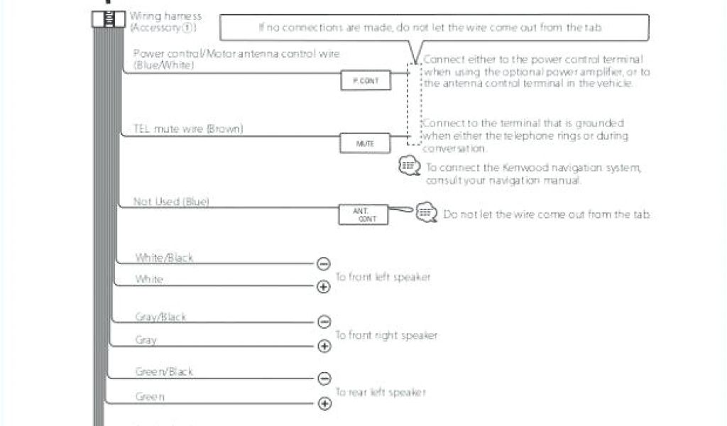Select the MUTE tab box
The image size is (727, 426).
[x=365, y=143]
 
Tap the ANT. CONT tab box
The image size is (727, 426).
[x=367, y=214]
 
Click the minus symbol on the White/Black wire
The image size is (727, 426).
[x=324, y=264]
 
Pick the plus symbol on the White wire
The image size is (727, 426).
[x=324, y=287]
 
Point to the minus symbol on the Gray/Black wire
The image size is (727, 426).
[x=324, y=322]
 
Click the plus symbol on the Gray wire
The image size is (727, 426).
[x=324, y=346]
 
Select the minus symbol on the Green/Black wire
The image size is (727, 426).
[x=324, y=378]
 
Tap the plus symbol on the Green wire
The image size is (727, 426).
[x=324, y=404]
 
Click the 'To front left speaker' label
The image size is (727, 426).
[x=382, y=277]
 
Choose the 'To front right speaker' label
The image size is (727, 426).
[x=386, y=335]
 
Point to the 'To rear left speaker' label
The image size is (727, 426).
[x=380, y=392]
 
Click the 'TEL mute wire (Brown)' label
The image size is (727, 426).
[x=188, y=129]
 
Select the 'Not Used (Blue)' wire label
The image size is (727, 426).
[x=171, y=202]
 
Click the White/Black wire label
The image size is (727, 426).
[x=164, y=258]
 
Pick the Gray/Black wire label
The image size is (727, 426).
[x=160, y=317]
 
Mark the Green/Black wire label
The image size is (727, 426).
[x=164, y=371]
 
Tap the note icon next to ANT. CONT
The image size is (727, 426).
[x=426, y=212]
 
